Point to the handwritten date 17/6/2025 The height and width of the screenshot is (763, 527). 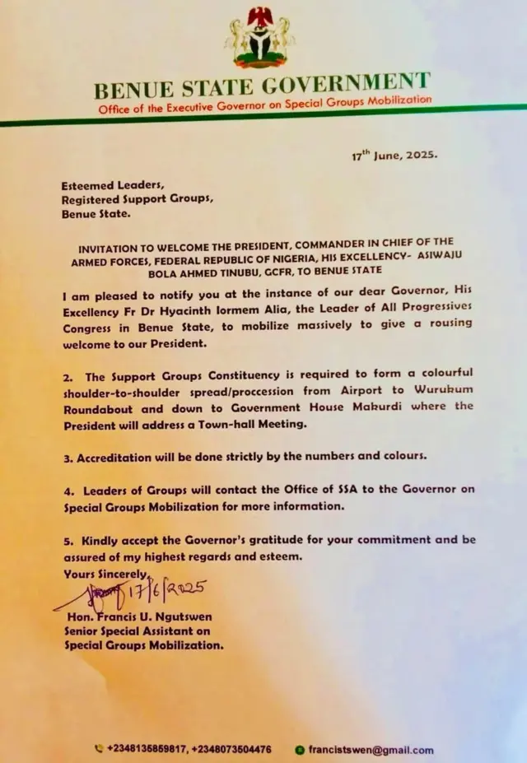(x=165, y=590)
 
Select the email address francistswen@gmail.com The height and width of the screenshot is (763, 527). (x=371, y=750)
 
